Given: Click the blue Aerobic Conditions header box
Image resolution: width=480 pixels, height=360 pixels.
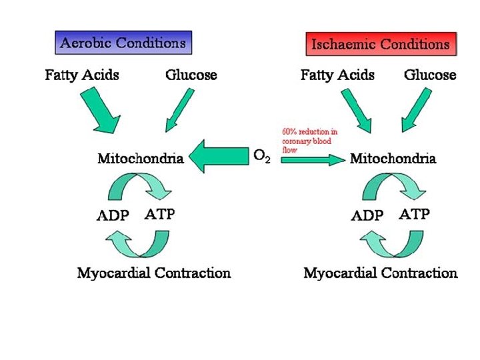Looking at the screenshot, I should [x=123, y=43].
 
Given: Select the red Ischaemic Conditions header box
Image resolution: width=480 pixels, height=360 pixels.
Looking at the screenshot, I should [x=381, y=45].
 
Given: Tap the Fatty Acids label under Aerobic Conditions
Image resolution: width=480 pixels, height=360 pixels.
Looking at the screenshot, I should [x=82, y=75].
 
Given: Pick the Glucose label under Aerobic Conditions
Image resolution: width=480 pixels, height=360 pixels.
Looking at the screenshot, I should [x=191, y=75].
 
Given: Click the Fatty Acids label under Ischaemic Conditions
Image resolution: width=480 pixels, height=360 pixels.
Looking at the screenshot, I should [x=337, y=75].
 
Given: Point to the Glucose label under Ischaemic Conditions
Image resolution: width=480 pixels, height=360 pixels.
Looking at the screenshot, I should [x=430, y=75].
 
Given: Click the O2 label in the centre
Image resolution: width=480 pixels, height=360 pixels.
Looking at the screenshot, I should [x=263, y=157].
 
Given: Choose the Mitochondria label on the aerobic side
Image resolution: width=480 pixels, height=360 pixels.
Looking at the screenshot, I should [x=141, y=159].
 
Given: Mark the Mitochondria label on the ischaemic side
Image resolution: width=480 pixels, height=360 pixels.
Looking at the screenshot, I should [x=393, y=159].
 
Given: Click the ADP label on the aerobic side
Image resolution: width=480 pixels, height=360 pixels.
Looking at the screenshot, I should [x=115, y=216].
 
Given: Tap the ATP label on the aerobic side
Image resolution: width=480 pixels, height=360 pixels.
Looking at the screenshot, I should [x=160, y=215].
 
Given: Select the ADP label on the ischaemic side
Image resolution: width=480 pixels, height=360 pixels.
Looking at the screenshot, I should [x=367, y=216].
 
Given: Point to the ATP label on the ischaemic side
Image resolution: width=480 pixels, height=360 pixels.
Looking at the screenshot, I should [x=414, y=215].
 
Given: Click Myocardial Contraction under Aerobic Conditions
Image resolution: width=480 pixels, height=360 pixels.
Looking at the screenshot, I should [x=154, y=273].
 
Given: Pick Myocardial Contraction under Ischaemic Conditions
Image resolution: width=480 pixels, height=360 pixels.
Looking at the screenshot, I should [x=381, y=273].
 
